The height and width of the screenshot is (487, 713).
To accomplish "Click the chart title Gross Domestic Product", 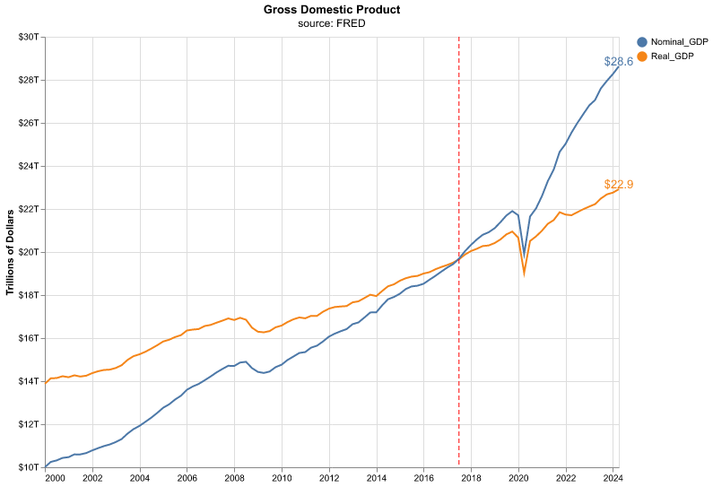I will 332,10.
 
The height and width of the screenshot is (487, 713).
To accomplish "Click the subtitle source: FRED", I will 332,23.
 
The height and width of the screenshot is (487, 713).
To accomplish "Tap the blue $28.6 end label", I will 619,62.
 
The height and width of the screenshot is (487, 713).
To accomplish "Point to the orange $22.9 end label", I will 619,185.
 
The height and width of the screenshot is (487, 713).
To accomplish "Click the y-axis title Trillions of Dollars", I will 10,252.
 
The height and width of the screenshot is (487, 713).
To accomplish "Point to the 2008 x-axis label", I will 234,477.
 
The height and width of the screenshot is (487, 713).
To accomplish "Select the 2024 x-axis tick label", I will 613,477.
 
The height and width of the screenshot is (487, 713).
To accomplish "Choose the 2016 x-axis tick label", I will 424,477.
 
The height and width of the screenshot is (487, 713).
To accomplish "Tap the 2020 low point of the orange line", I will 525,272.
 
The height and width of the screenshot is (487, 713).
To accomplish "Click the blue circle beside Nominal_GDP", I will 642,42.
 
